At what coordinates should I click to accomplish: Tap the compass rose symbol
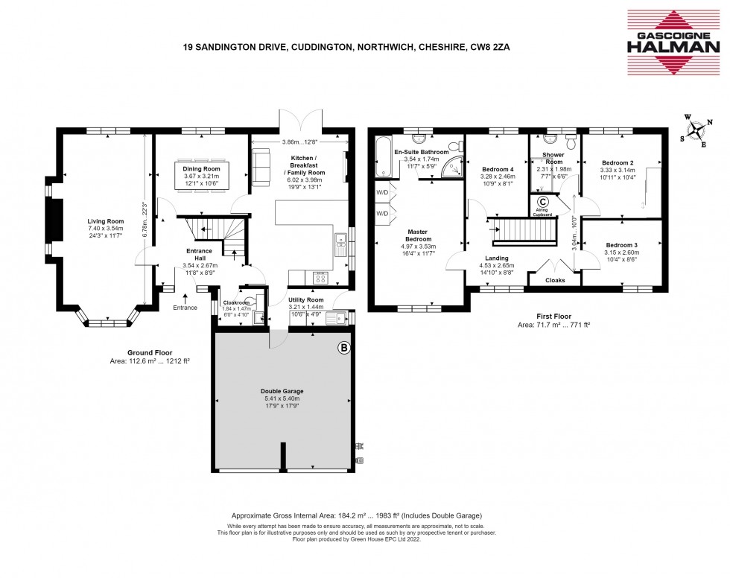tap(694, 132)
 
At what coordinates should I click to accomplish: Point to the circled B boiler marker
tap(343, 348)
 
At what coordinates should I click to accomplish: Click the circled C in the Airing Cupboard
tap(542, 202)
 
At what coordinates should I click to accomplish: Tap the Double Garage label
tap(282, 391)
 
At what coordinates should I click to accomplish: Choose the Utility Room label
tap(307, 299)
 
